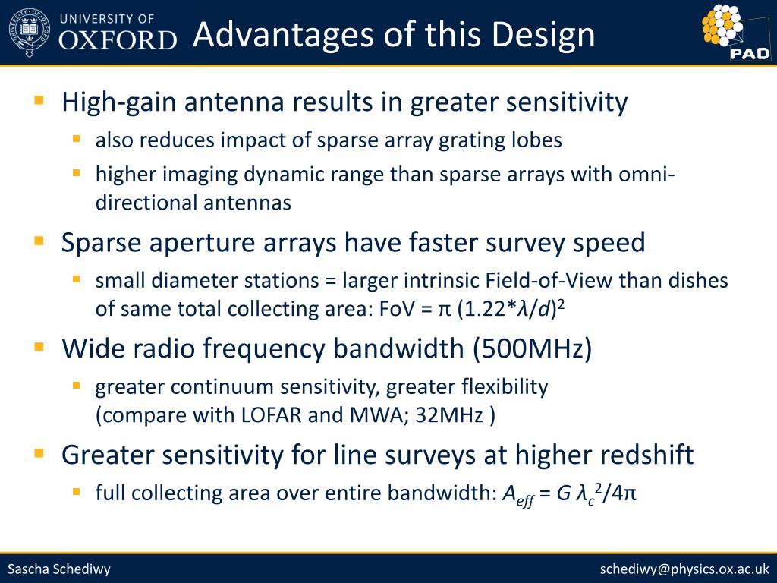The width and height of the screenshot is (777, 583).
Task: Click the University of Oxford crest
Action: click(x=30, y=32)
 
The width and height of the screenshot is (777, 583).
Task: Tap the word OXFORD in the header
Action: click(x=118, y=40)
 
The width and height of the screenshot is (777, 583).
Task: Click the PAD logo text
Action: click(x=750, y=53)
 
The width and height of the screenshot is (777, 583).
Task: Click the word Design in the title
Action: click(x=543, y=35)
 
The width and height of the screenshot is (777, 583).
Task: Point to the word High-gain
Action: click(x=118, y=102)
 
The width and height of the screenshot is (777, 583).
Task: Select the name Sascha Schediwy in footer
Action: click(x=59, y=569)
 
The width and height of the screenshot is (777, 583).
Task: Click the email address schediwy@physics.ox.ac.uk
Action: click(x=684, y=569)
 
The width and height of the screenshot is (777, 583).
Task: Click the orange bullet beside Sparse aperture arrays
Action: click(x=39, y=241)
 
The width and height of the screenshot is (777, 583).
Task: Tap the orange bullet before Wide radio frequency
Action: click(x=39, y=346)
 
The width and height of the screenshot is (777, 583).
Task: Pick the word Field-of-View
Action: click(x=549, y=281)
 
